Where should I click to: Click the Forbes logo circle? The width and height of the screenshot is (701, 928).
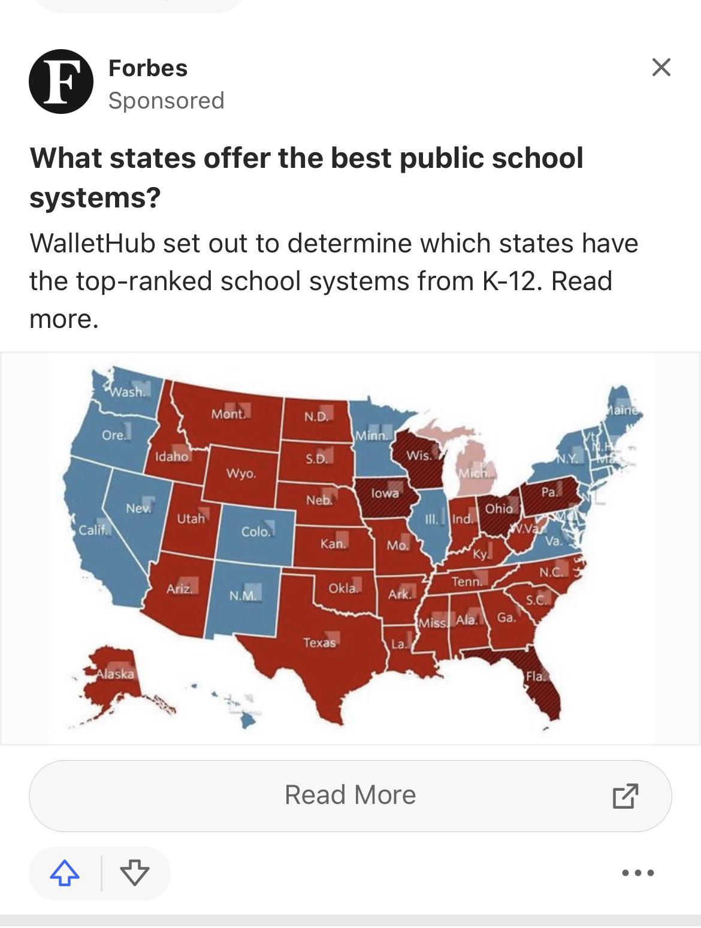pyautogui.click(x=61, y=82)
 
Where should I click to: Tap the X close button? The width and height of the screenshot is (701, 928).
pyautogui.click(x=661, y=67)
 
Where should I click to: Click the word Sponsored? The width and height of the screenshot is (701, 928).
pyautogui.click(x=166, y=100)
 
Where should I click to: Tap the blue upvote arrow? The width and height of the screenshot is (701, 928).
pyautogui.click(x=65, y=873)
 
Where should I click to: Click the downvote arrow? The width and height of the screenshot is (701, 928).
pyautogui.click(x=134, y=873)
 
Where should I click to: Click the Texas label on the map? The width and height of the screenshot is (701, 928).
pyautogui.click(x=319, y=643)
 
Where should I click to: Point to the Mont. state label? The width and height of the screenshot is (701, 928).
pyautogui.click(x=228, y=414)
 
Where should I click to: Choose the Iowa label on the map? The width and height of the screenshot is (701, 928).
pyautogui.click(x=385, y=493)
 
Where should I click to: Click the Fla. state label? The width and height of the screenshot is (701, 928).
pyautogui.click(x=535, y=676)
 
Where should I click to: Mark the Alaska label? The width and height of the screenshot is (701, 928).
pyautogui.click(x=116, y=673)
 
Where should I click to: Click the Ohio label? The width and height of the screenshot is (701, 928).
pyautogui.click(x=499, y=508)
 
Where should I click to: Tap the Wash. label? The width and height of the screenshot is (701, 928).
pyautogui.click(x=126, y=392)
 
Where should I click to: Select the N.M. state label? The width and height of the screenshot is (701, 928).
pyautogui.click(x=243, y=596)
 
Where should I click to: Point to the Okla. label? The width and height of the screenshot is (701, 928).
pyautogui.click(x=343, y=588)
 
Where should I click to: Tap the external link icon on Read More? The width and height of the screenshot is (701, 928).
pyautogui.click(x=625, y=796)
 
